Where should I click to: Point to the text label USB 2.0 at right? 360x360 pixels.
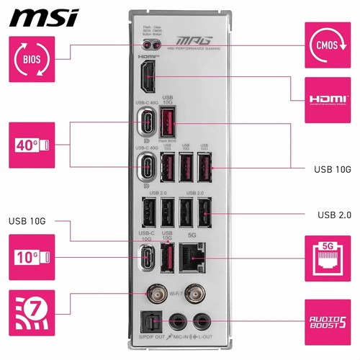coord(333,215)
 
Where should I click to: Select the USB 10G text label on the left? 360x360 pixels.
coord(28,220)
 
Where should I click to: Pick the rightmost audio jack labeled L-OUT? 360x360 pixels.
coord(198,320)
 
